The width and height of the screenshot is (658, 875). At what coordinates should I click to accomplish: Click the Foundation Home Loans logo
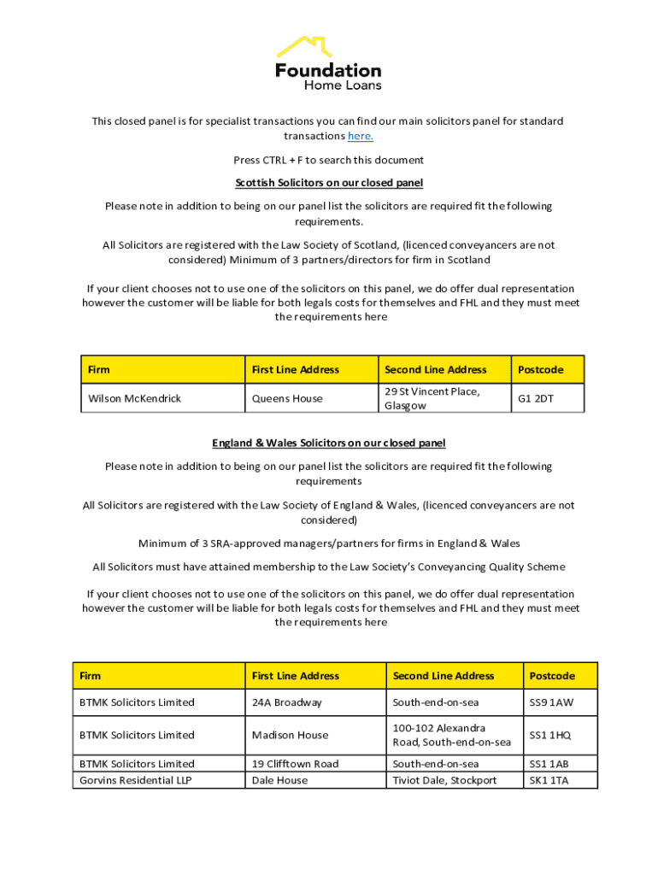coord(328,63)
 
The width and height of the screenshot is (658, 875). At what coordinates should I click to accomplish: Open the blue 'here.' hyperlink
coord(360,136)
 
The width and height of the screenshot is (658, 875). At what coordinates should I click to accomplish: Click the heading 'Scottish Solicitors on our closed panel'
coord(329,183)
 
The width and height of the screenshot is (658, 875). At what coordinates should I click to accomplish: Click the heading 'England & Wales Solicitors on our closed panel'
coord(329,443)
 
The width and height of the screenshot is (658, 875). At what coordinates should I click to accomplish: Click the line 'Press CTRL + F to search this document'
coord(329,160)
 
